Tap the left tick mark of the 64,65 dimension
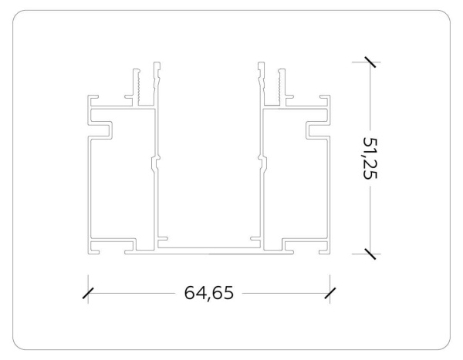[x=88, y=293]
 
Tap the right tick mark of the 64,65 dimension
[x=330, y=293]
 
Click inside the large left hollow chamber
[x=120, y=185]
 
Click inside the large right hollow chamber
[x=297, y=185]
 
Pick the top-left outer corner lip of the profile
[x=92, y=101]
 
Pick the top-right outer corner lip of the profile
[x=326, y=101]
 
